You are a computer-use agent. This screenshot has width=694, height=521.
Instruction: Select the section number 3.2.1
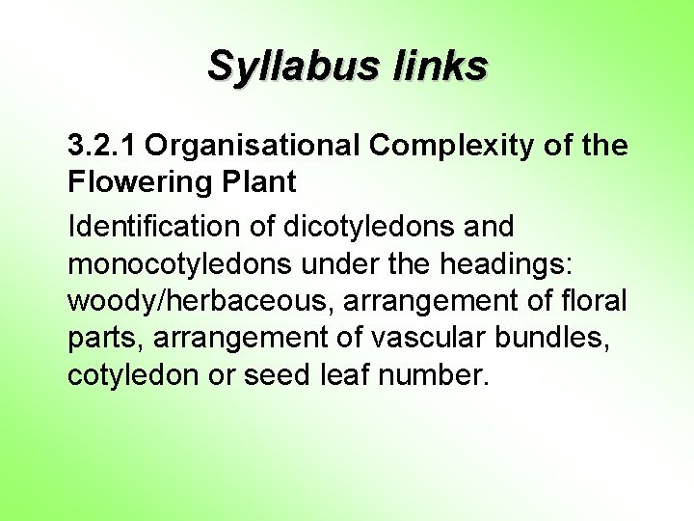tap(102, 146)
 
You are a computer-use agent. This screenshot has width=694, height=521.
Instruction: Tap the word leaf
tap(344, 374)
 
